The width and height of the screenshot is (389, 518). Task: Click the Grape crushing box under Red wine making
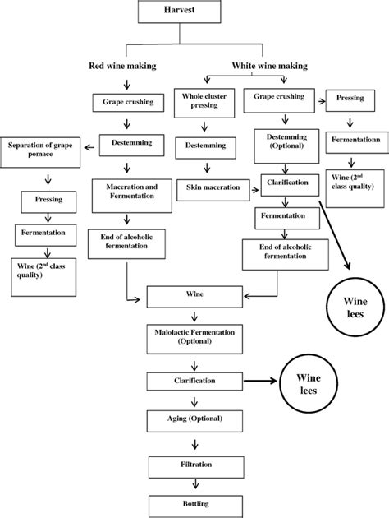click(x=126, y=103)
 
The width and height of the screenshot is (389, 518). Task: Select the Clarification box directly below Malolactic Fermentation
click(x=194, y=382)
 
